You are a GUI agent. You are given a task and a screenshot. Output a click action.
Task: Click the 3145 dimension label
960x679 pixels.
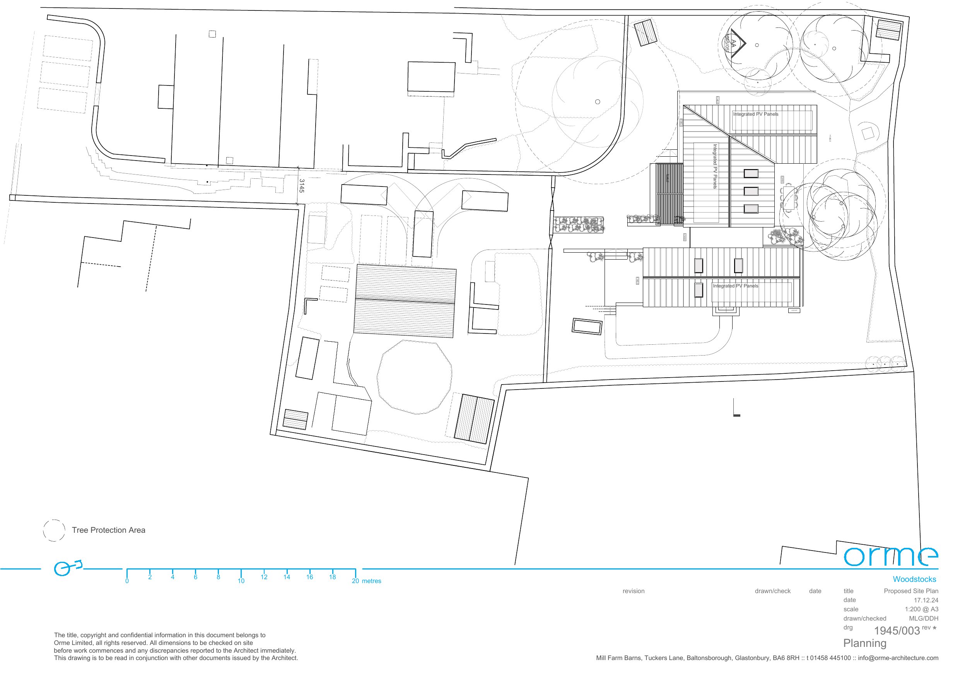[301, 186]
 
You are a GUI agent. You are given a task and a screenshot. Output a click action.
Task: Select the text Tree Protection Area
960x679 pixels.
[108, 530]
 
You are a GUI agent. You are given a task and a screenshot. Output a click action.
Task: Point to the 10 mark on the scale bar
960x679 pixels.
[241, 581]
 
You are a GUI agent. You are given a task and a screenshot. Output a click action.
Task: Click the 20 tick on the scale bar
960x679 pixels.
[355, 581]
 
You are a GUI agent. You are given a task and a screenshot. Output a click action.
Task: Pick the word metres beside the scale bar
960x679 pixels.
[372, 581]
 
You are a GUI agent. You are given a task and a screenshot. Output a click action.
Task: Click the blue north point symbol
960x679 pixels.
[67, 568]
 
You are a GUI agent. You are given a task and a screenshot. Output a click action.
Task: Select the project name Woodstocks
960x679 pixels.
[914, 580]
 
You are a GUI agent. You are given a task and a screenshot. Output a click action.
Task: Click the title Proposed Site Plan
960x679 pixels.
[910, 591]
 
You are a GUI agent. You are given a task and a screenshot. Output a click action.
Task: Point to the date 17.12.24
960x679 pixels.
[926, 600]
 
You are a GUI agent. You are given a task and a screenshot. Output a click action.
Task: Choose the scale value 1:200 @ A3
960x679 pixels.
[922, 609]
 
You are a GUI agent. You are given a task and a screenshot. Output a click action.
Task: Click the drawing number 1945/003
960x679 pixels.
[897, 631]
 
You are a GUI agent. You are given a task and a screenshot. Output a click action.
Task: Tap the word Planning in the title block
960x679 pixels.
[865, 643]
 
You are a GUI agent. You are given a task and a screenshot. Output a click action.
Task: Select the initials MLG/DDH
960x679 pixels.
[923, 618]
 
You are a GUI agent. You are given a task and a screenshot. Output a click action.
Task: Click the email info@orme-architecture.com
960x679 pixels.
[898, 658]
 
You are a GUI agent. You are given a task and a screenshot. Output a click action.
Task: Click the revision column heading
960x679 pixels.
[634, 591]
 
